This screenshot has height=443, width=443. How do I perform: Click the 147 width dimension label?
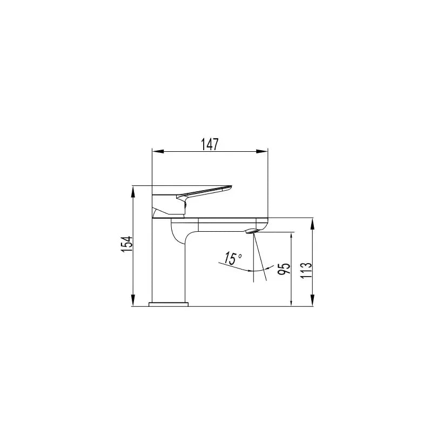(x=210, y=144)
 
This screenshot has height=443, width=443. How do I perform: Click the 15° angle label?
(x=232, y=258)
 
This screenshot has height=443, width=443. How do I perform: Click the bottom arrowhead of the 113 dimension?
(x=312, y=303)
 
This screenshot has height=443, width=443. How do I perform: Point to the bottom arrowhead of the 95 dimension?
(x=292, y=303)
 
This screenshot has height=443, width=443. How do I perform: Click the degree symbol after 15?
(x=240, y=254)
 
